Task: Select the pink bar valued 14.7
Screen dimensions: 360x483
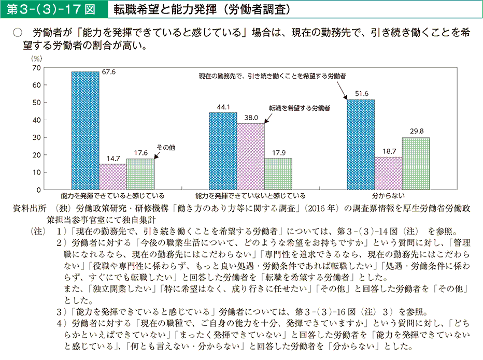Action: point(112,177)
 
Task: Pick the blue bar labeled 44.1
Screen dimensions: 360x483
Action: point(223,151)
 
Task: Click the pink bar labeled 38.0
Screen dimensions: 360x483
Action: point(250,156)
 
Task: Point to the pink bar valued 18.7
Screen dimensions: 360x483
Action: point(388,173)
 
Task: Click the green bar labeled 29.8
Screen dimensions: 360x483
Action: point(416,163)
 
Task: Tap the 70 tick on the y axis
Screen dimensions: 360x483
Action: point(36,68)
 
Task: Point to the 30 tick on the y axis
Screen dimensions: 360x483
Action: point(36,137)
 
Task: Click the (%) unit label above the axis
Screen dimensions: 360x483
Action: point(36,59)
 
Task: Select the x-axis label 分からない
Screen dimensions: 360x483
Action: point(388,196)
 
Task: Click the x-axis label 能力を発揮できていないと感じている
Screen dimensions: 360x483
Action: point(250,196)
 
